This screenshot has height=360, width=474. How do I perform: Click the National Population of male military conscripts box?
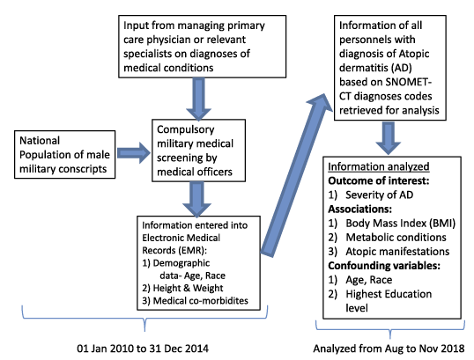(64, 154)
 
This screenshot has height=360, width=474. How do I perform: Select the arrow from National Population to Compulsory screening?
(133, 153)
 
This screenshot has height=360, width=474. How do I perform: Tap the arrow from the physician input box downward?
(198, 99)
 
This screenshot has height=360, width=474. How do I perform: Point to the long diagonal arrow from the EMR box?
(296, 175)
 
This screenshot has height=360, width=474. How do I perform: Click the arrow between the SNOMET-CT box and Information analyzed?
(389, 138)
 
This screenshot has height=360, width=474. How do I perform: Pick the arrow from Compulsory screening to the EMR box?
(196, 199)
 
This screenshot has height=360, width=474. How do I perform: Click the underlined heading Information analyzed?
(379, 166)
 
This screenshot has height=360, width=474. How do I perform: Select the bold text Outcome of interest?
(379, 180)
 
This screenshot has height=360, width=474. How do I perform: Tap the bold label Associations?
(359, 209)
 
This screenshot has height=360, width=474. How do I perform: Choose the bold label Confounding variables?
(384, 266)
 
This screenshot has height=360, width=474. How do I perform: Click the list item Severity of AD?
(379, 195)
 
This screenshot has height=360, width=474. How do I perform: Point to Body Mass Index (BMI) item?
(401, 224)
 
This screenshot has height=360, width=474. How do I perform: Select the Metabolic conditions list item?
(396, 238)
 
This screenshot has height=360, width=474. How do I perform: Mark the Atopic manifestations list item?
(397, 252)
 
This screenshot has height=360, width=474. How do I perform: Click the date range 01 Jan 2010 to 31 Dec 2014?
(143, 349)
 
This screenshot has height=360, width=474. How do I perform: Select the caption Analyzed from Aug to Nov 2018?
(389, 349)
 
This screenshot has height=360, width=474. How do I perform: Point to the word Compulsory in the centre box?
(186, 130)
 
